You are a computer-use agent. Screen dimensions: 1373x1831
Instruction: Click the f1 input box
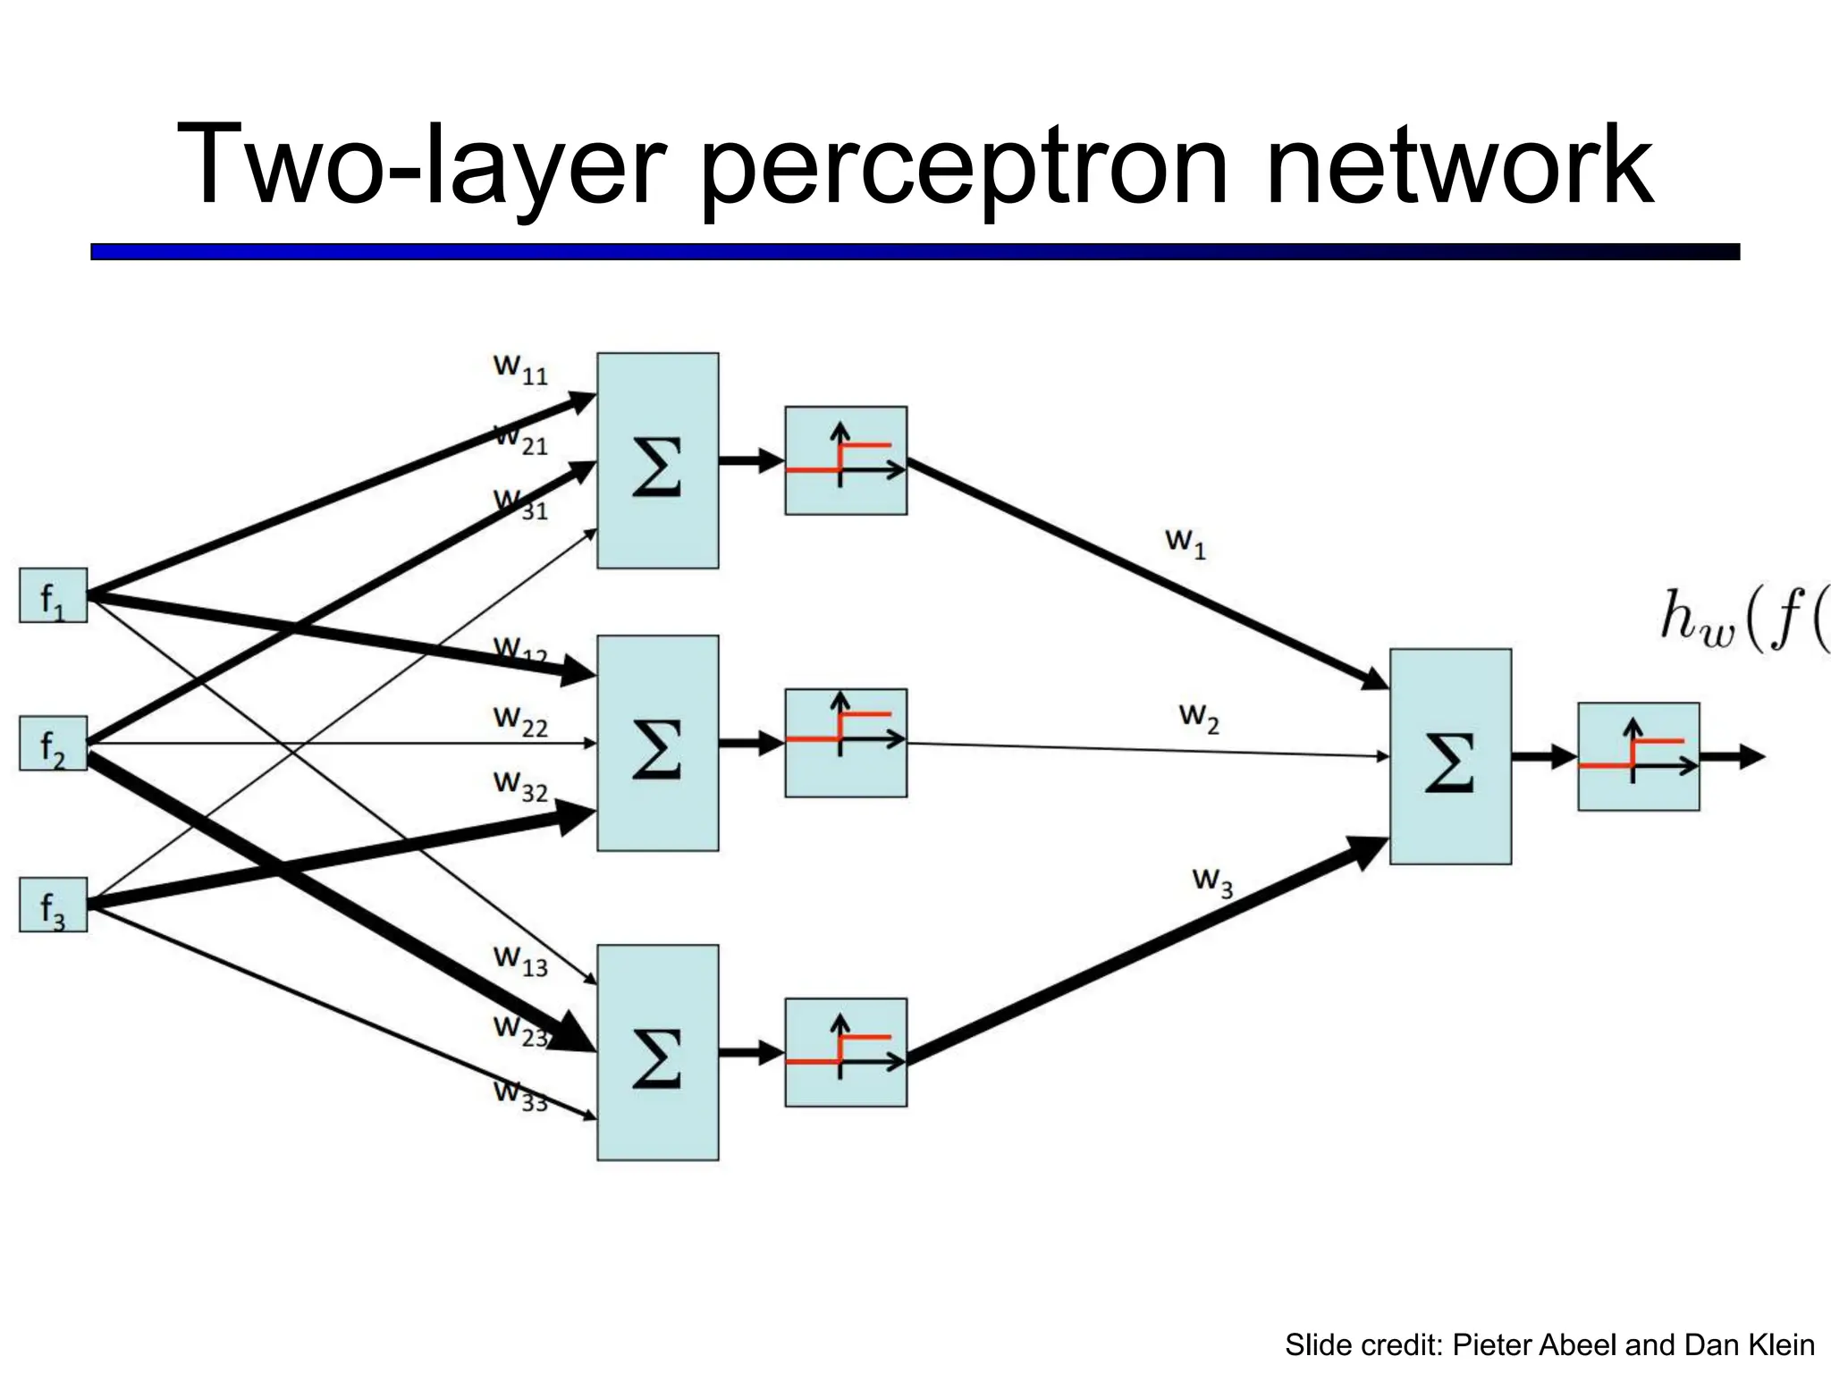point(53,595)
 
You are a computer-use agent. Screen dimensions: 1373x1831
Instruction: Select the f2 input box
point(53,743)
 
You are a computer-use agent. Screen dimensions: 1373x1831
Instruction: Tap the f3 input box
point(53,905)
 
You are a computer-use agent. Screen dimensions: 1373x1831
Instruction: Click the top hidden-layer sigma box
point(657,460)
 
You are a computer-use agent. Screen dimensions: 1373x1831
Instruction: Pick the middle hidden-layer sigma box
point(657,743)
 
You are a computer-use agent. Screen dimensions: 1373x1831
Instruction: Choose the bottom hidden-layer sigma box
point(657,1052)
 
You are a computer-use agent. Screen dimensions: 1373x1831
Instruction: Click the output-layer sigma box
point(1450,756)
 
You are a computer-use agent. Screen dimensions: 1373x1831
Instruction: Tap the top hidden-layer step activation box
point(846,460)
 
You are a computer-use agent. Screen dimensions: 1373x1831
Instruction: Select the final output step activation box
point(1638,756)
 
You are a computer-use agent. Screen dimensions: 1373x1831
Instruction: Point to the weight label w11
point(520,368)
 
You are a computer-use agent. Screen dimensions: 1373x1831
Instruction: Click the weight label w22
point(520,720)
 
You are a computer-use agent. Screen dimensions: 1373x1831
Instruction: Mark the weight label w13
point(520,961)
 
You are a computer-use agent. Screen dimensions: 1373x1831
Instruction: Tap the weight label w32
point(520,786)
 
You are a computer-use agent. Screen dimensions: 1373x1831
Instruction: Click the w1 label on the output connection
point(1186,543)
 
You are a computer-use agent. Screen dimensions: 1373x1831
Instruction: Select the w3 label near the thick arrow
point(1212,881)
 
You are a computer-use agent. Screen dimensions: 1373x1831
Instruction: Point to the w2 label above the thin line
point(1199,717)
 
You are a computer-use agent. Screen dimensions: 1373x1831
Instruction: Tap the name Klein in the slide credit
point(1781,1344)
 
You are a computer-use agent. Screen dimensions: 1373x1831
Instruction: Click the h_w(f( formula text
point(1743,619)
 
